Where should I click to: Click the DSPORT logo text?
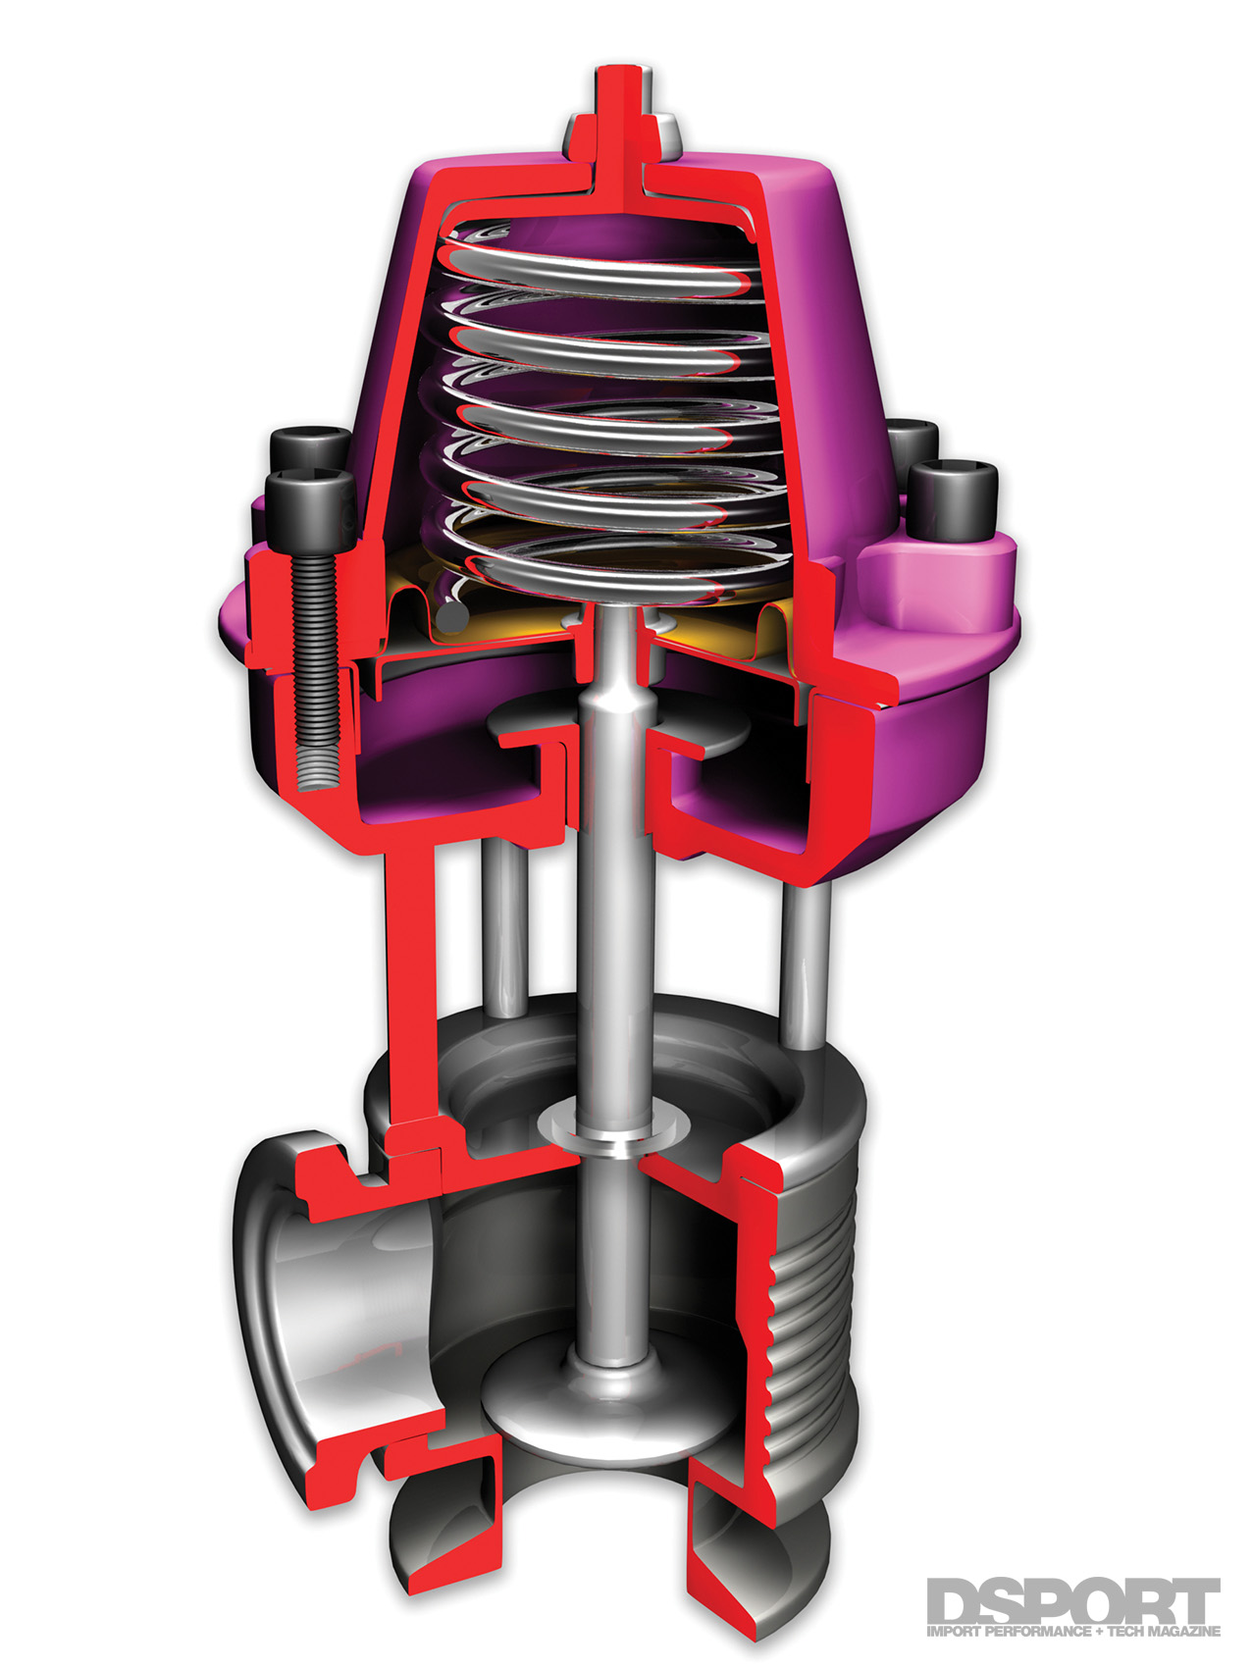(1071, 1601)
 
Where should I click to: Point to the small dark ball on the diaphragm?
(452, 617)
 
